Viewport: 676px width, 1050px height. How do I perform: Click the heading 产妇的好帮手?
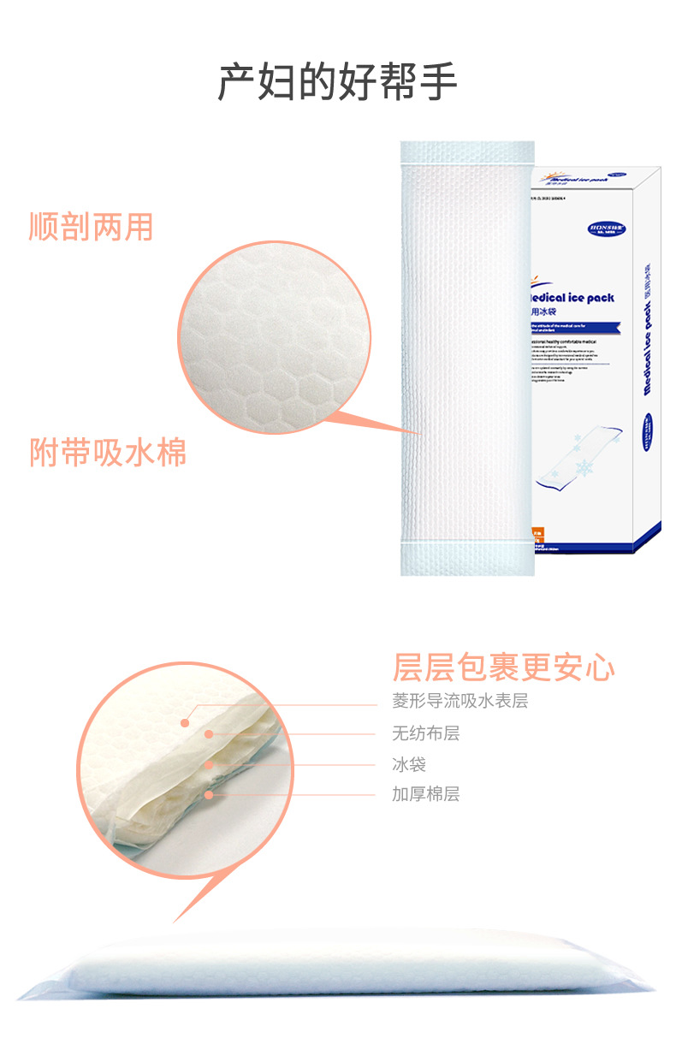(x=337, y=82)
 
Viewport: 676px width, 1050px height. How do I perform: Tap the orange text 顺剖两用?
(x=91, y=228)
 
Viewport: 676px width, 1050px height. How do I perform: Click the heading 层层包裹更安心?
(x=504, y=667)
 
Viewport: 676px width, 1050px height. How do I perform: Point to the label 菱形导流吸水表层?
(x=460, y=702)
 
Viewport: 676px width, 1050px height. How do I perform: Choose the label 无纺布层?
(x=425, y=733)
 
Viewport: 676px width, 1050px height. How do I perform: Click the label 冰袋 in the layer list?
(x=408, y=764)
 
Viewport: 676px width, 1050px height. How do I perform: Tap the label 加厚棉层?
(x=425, y=794)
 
